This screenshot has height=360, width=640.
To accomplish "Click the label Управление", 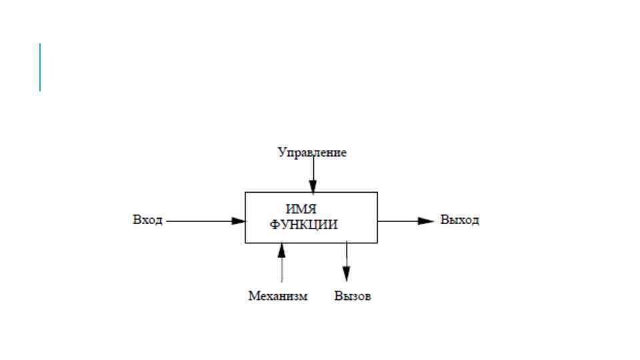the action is click(x=312, y=153).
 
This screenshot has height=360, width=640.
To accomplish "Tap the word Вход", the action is click(x=147, y=220).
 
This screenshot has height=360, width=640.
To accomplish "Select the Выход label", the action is click(x=459, y=220).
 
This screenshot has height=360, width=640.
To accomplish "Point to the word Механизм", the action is click(x=278, y=296).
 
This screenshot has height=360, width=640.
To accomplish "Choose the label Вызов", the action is click(x=353, y=296).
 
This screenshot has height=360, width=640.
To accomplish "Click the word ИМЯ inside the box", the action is click(x=301, y=209).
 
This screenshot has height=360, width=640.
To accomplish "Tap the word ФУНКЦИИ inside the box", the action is click(x=304, y=225).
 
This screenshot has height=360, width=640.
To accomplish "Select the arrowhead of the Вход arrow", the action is click(x=239, y=221).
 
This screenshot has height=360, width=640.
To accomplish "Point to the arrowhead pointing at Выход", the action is click(x=427, y=221).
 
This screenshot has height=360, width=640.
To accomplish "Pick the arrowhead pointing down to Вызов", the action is click(x=346, y=273).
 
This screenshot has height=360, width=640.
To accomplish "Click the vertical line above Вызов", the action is click(x=346, y=254).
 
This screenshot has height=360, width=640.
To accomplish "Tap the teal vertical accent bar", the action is click(x=40, y=67).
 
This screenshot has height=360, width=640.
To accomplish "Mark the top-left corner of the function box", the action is click(x=245, y=193).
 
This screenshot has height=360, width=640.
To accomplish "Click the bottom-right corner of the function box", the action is click(x=377, y=243).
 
